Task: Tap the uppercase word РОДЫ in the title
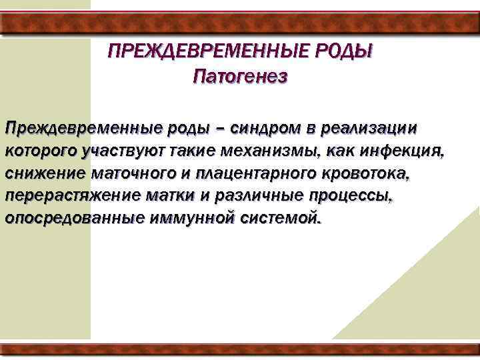tap(346, 52)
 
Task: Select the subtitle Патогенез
tap(240, 77)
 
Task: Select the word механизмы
tap(266, 151)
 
